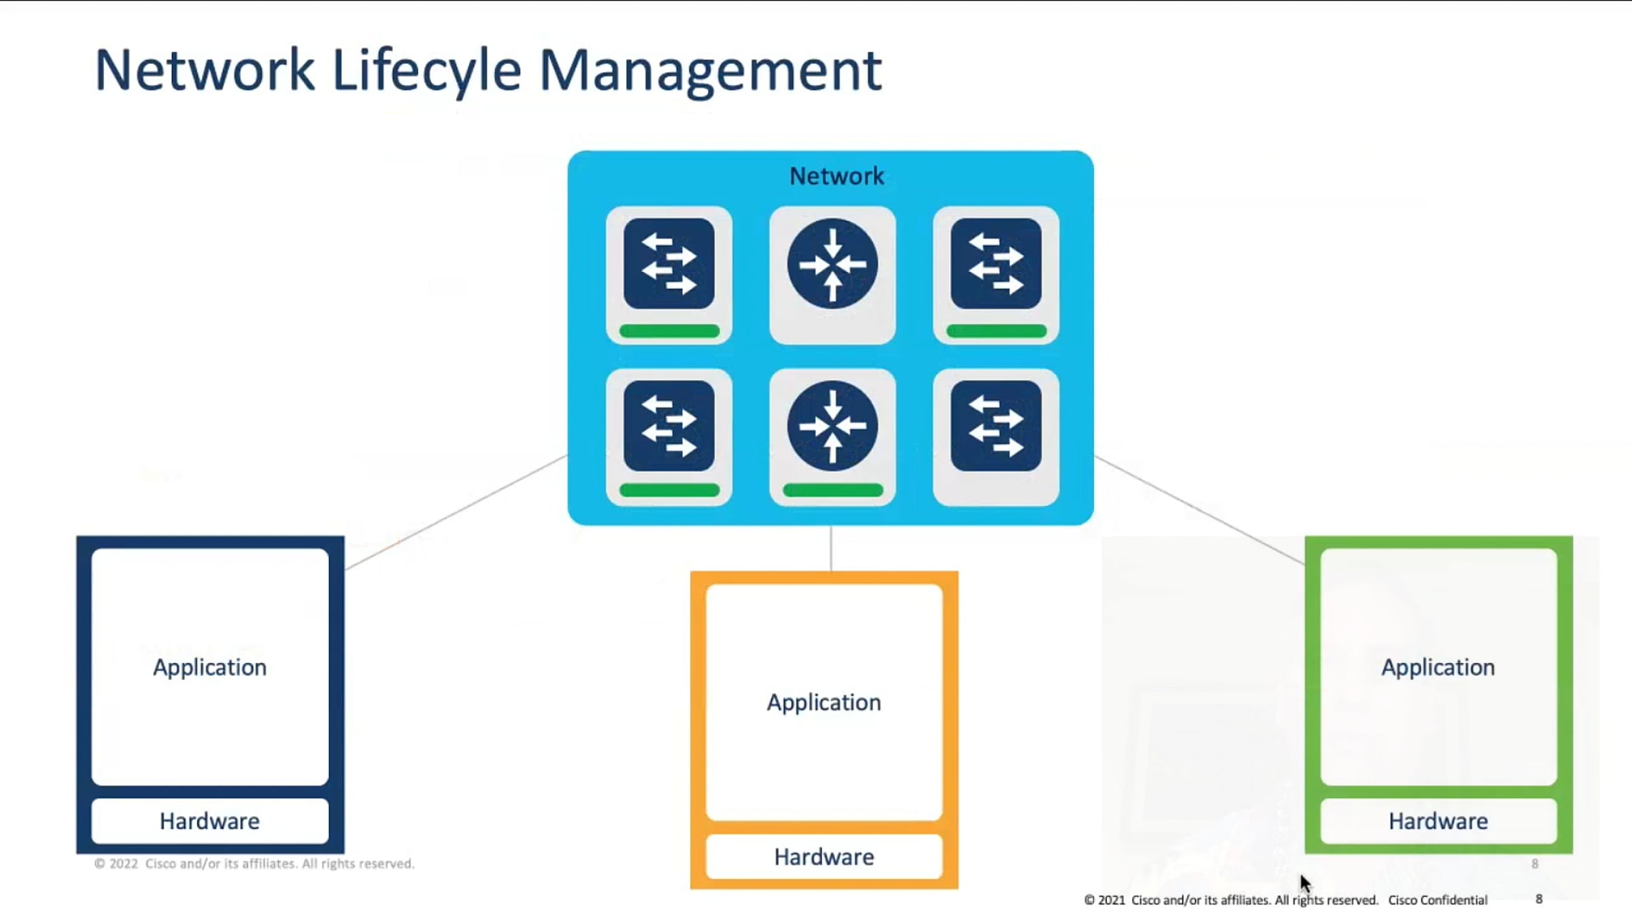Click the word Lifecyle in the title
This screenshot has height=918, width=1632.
tap(426, 71)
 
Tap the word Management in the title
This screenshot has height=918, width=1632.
tap(711, 71)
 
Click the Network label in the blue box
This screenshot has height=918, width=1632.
tap(836, 176)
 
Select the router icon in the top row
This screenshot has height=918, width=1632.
tap(832, 264)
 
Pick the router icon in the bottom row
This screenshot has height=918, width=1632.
tap(832, 426)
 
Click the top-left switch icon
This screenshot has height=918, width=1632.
tap(668, 264)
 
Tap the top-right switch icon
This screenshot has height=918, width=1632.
tap(996, 264)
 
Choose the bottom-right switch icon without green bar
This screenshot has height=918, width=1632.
tap(996, 426)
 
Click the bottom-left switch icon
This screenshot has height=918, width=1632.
tap(668, 426)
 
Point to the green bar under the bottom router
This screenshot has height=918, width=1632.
tap(832, 490)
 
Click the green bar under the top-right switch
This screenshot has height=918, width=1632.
tap(996, 331)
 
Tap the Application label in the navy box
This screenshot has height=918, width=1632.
tap(209, 667)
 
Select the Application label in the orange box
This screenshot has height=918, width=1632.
tap(823, 702)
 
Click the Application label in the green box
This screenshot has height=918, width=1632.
tap(1438, 667)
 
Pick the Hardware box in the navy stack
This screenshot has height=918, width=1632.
tap(209, 821)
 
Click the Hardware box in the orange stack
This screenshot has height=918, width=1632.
tap(823, 857)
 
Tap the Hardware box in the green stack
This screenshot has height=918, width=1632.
tap(1438, 821)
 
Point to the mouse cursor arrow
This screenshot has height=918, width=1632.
tap(1305, 883)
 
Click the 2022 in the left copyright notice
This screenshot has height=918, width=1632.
tap(123, 864)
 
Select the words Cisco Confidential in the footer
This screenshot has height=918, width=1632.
tap(1438, 900)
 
